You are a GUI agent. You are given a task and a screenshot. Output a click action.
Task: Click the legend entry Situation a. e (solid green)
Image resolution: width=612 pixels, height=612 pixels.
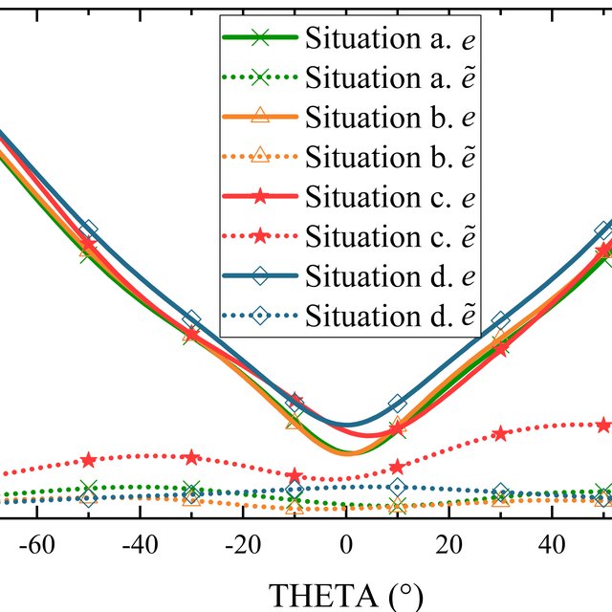(349, 38)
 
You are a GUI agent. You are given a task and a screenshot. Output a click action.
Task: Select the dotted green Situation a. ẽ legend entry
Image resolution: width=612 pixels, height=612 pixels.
(349, 78)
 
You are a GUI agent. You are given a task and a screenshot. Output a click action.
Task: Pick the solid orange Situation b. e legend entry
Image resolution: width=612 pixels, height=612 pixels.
(349, 118)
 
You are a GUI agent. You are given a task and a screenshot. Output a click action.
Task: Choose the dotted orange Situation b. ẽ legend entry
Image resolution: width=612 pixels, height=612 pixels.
(349, 157)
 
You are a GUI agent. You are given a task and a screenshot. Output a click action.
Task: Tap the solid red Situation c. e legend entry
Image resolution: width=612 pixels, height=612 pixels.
(349, 197)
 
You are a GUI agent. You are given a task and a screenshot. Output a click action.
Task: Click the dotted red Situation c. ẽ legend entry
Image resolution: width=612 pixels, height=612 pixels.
(349, 236)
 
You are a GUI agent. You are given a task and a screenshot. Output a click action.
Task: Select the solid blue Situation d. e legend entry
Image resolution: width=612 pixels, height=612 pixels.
(349, 276)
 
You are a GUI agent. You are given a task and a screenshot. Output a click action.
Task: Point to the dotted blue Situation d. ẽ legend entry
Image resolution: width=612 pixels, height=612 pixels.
(349, 316)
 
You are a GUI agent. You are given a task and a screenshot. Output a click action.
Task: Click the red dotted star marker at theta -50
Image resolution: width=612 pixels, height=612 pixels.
(89, 460)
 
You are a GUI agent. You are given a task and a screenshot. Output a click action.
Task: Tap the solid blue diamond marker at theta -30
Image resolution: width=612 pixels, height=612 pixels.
(192, 318)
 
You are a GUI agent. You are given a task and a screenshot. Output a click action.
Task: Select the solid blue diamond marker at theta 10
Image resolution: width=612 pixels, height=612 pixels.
(398, 404)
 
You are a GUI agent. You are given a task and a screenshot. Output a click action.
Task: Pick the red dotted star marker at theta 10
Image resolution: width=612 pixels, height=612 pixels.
(398, 466)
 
